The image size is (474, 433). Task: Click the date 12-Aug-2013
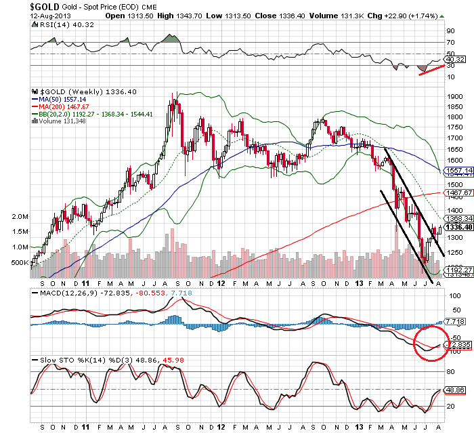coord(21,16)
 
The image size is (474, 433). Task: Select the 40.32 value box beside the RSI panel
coord(454,59)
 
